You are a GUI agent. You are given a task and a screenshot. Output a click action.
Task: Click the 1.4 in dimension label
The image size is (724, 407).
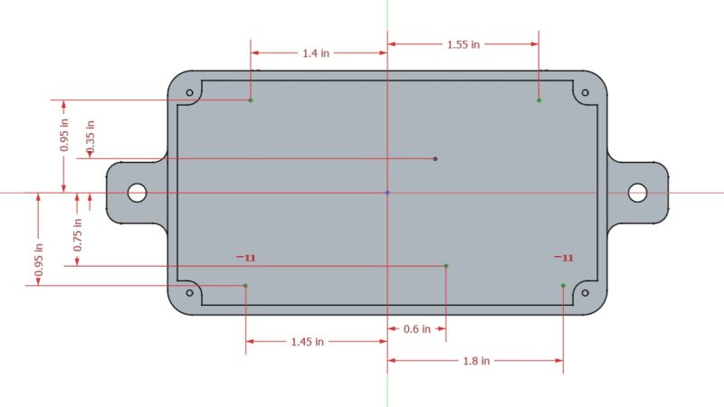(x=316, y=53)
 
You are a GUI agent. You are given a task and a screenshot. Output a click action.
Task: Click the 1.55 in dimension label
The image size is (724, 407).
(x=463, y=43)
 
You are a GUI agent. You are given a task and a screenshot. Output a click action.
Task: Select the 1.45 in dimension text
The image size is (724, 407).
(x=308, y=342)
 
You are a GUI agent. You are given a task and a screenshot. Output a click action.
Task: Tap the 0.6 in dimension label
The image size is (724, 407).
(x=416, y=329)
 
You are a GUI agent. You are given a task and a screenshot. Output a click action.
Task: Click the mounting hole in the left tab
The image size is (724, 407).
(x=138, y=193)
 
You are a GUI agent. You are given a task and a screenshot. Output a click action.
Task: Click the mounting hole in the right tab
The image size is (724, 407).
(x=637, y=193)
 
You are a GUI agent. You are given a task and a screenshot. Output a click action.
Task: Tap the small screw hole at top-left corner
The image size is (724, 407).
(x=190, y=93)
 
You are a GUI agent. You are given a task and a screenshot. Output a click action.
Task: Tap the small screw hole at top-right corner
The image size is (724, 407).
(x=585, y=93)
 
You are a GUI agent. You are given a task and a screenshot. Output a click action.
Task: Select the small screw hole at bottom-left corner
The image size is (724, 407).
(x=190, y=293)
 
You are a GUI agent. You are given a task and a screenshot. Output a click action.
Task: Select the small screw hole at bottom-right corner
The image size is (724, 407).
(x=585, y=293)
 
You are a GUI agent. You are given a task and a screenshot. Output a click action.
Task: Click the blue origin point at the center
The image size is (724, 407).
(x=387, y=193)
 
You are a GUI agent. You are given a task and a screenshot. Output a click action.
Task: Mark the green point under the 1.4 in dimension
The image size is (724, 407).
(x=251, y=99)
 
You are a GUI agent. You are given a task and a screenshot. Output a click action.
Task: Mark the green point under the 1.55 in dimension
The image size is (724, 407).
(x=538, y=99)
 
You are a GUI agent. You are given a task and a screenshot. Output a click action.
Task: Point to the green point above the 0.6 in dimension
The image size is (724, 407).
(x=446, y=266)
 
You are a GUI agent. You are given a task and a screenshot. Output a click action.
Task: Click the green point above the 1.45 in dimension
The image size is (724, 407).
(x=245, y=286)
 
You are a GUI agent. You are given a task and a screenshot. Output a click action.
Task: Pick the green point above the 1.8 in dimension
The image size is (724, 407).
(x=563, y=286)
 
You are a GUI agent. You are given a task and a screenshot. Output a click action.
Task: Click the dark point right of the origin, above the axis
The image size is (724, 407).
(x=435, y=159)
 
